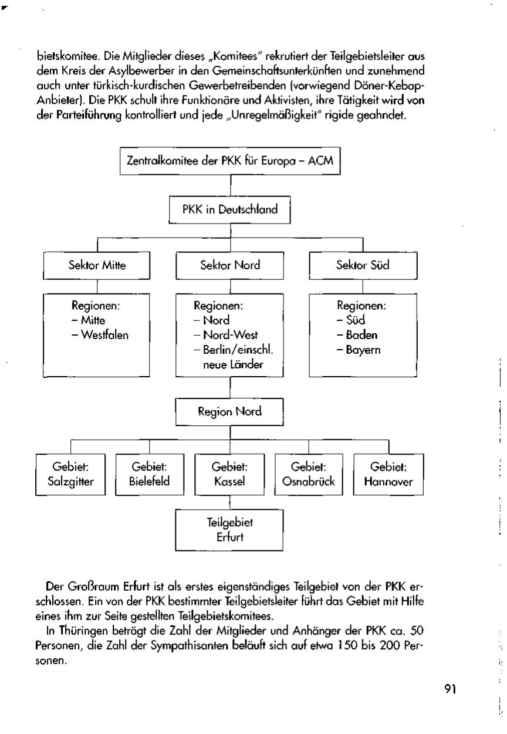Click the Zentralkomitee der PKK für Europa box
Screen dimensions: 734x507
(x=230, y=160)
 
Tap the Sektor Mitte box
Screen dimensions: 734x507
(x=97, y=265)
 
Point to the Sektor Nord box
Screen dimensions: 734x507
(x=230, y=265)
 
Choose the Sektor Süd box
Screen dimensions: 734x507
(x=363, y=265)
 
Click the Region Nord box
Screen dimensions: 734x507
(x=229, y=412)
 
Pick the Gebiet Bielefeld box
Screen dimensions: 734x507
(x=149, y=475)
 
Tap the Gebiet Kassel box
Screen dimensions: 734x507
(x=229, y=475)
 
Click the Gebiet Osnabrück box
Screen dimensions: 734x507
(x=309, y=475)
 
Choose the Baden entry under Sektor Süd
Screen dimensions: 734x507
(x=360, y=336)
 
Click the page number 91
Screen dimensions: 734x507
(x=449, y=689)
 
